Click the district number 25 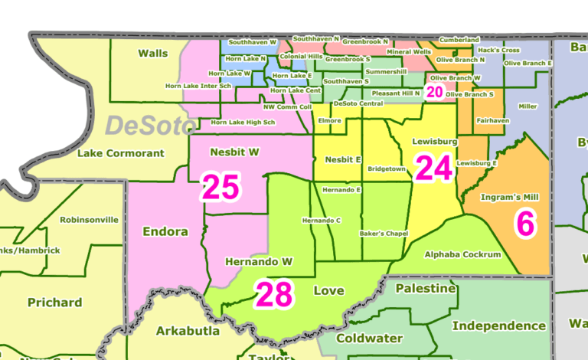pos(220,187)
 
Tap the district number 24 pos(433,168)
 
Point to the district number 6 pos(525,222)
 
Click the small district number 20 pos(434,92)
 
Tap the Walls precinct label pos(153,53)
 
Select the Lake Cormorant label pos(121,153)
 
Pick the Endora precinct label pos(165,231)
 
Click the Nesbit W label pos(234,152)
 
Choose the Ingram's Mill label pos(509,197)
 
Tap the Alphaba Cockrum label pos(462,254)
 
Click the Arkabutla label pos(188,331)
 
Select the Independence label pos(498,326)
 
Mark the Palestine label pos(425,289)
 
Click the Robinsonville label pos(90,219)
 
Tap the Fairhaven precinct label pos(492,120)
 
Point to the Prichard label pos(54,302)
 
